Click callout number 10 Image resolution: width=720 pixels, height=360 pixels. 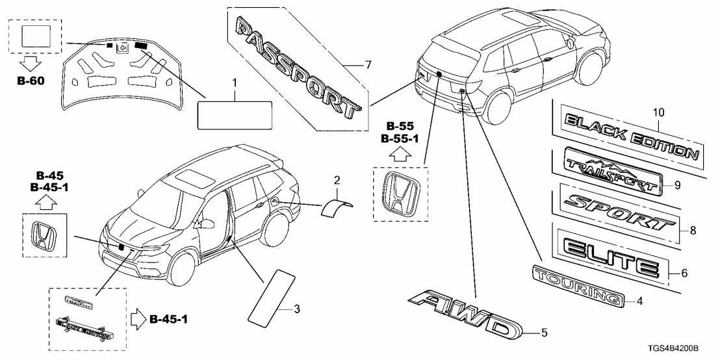[659, 112]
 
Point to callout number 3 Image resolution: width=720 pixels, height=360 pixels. [296, 309]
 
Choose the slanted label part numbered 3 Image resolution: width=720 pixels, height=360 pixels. [266, 296]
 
